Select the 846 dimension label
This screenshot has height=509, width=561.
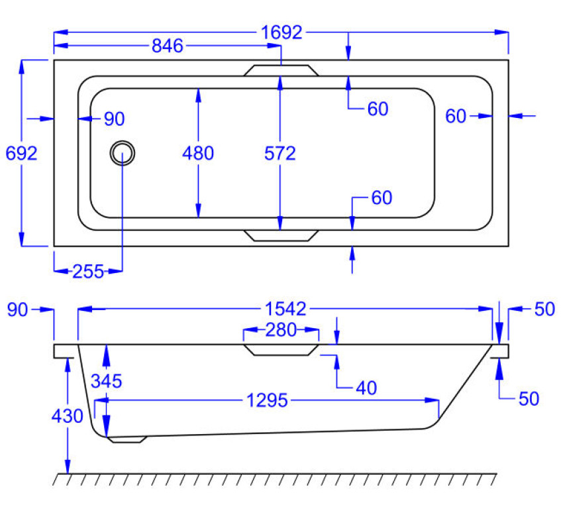[168, 46]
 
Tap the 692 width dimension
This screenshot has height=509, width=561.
[21, 153]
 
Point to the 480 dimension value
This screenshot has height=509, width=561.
[198, 153]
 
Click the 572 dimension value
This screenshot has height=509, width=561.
[280, 153]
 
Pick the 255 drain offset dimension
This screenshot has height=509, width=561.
[88, 271]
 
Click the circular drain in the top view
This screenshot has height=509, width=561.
[123, 153]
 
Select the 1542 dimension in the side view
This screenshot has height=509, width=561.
[285, 309]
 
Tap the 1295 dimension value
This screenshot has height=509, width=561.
[266, 400]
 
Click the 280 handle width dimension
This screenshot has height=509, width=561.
[281, 330]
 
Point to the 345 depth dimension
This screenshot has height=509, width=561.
[107, 381]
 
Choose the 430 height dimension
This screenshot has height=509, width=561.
[67, 416]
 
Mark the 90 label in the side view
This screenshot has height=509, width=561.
[18, 310]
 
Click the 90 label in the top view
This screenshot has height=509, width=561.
[114, 119]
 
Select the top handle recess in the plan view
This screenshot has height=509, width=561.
[281, 70]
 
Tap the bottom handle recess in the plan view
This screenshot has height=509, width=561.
[281, 235]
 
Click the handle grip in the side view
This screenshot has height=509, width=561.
[281, 349]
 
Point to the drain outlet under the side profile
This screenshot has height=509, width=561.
[126, 439]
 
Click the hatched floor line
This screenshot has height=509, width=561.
[275, 479]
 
